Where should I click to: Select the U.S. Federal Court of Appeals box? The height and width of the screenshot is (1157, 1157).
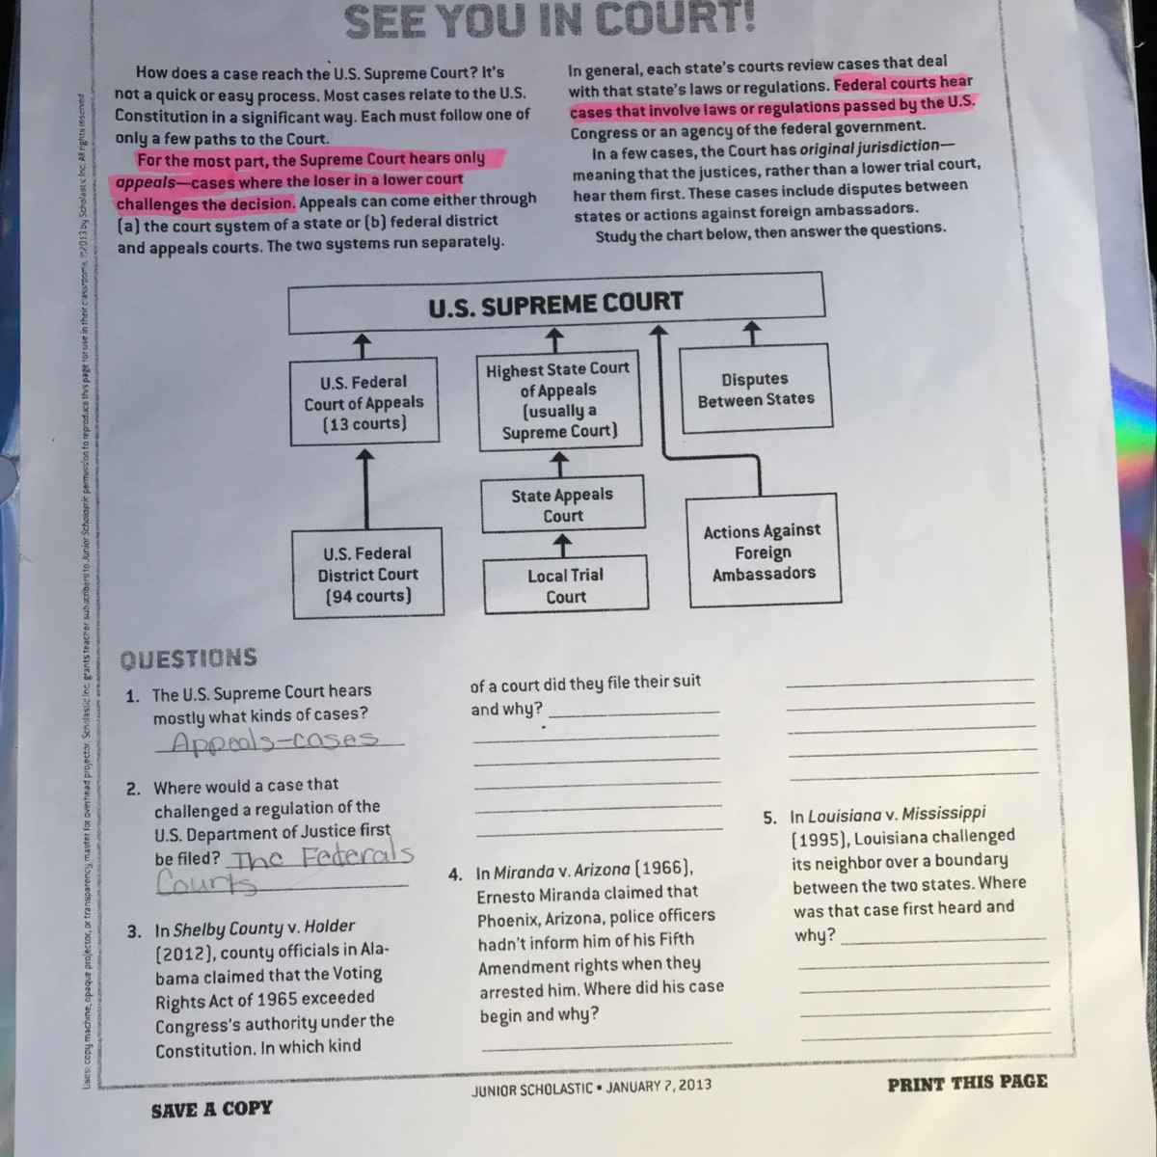click(x=363, y=402)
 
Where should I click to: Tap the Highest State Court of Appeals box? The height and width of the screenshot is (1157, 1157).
click(x=559, y=400)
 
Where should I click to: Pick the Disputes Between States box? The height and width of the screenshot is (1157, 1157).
click(x=756, y=390)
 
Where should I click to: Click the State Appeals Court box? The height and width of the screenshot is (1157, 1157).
click(x=562, y=505)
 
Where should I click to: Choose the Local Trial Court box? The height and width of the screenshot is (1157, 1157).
click(x=565, y=586)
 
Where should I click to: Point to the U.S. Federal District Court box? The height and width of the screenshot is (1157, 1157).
click(x=367, y=575)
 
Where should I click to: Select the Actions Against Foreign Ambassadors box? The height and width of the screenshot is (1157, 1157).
click(x=762, y=552)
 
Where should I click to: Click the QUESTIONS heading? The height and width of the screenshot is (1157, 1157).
click(x=188, y=659)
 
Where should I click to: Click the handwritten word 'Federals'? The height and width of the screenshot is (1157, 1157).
click(x=357, y=855)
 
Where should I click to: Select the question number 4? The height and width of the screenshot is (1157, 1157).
click(x=455, y=875)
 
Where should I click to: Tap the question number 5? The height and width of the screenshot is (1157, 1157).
click(x=769, y=818)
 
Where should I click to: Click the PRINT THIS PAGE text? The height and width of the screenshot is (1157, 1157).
click(x=967, y=1083)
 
